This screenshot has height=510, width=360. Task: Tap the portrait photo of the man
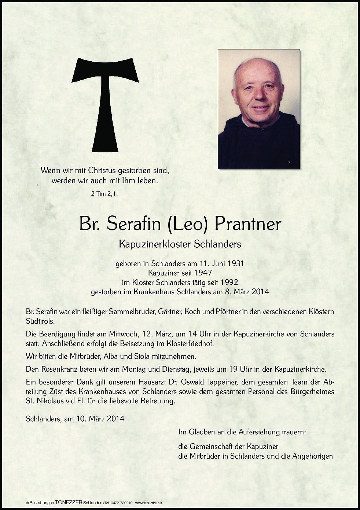click(258, 109)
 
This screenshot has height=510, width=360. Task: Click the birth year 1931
click(235, 263)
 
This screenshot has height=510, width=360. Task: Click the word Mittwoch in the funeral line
click(122, 334)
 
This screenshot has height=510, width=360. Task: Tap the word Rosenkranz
click(58, 369)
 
